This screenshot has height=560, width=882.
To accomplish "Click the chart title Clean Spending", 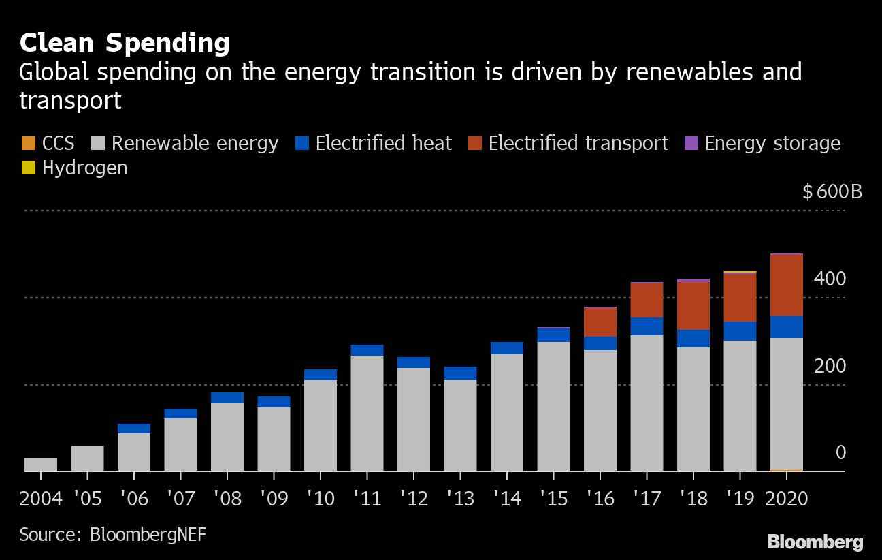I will (x=125, y=43).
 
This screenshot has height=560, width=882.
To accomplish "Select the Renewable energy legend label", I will (x=195, y=143).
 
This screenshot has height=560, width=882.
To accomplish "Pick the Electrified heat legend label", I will (x=383, y=143).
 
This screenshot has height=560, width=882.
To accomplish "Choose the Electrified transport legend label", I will (x=578, y=143).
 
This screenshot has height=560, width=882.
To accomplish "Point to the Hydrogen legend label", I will (x=84, y=168).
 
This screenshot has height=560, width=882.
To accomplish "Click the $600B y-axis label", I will (x=832, y=191).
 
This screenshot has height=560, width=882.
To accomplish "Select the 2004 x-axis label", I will (x=41, y=499).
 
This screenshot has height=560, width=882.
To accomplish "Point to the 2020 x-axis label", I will (x=787, y=499).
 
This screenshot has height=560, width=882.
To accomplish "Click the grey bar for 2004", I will (x=41, y=465).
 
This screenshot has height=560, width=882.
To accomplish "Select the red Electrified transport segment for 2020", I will (x=786, y=285).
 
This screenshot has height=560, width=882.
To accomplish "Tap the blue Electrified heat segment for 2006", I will (x=134, y=429).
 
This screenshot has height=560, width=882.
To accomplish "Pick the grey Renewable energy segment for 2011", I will (x=367, y=413).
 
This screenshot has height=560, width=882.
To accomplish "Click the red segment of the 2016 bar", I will (x=600, y=322).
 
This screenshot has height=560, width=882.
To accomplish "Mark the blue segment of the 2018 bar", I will (x=693, y=339).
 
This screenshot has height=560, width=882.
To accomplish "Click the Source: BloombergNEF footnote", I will (x=112, y=534).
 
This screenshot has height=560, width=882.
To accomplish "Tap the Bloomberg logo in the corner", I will (x=815, y=542).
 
